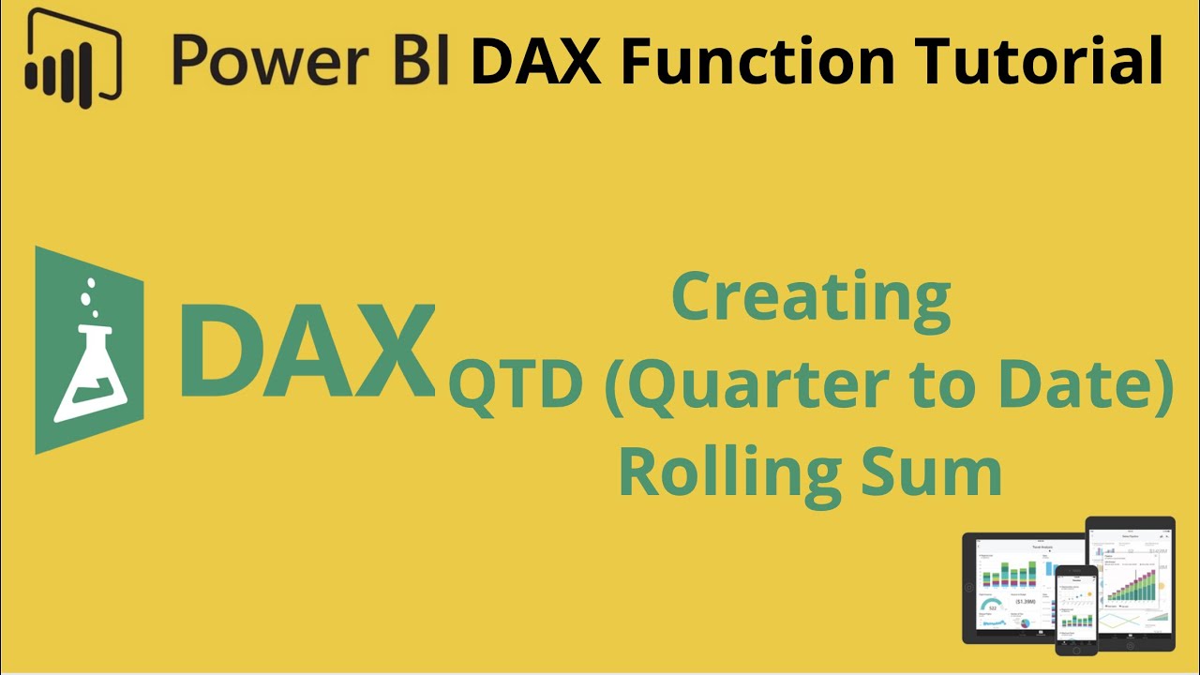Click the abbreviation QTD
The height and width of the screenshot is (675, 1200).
(515, 387)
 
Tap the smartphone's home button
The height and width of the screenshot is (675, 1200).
(1076, 647)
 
